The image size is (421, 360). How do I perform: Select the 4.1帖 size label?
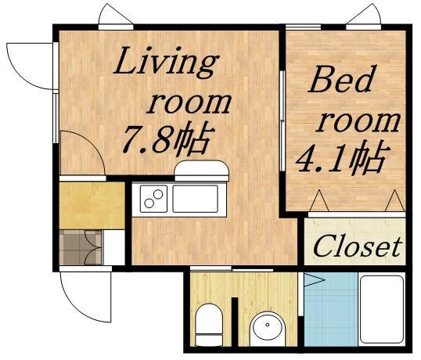click(x=340, y=159)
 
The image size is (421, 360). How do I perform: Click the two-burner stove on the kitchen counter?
click(x=153, y=200)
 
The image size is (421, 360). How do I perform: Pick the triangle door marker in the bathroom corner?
click(x=312, y=279)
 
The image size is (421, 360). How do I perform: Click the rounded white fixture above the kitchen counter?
click(x=201, y=171)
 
